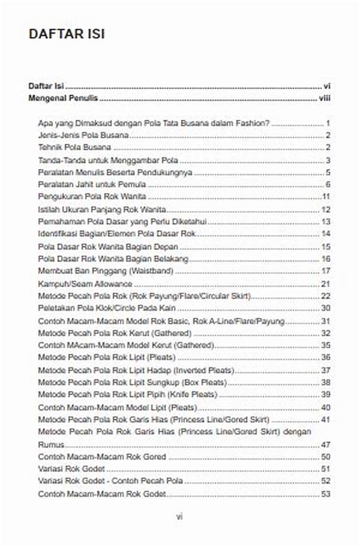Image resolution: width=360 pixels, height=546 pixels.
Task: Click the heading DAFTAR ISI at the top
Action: [x=67, y=34]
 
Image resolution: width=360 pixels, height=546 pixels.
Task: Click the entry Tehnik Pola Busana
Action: [x=74, y=148]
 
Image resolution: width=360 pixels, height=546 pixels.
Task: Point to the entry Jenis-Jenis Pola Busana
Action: [x=83, y=136]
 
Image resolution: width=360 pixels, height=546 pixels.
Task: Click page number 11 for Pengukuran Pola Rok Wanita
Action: [x=326, y=197]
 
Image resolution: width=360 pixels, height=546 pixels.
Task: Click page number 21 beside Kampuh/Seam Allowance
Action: [x=326, y=283]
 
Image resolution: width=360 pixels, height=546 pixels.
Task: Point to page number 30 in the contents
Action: [x=326, y=308]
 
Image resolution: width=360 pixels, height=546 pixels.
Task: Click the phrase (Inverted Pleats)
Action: [x=203, y=370]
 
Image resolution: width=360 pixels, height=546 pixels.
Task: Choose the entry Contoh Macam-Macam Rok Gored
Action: [x=102, y=457]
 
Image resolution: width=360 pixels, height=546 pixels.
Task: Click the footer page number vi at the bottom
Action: [x=179, y=516]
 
